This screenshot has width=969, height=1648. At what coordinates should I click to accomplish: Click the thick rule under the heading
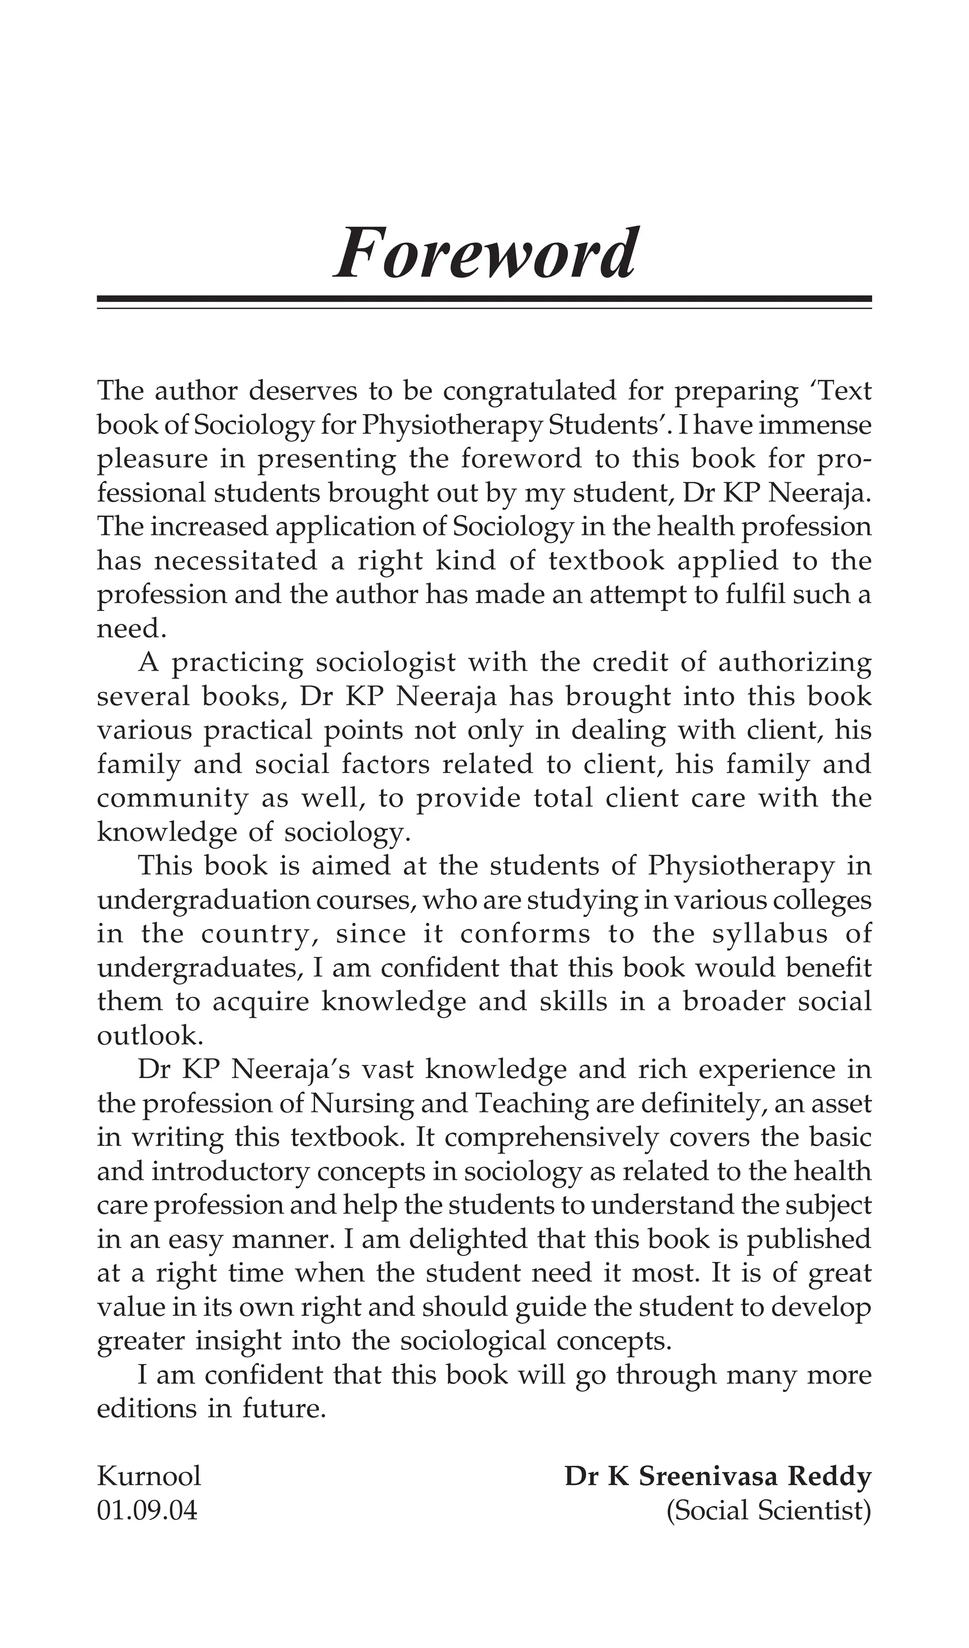(x=484, y=299)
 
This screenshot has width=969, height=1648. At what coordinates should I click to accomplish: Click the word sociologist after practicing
(x=385, y=663)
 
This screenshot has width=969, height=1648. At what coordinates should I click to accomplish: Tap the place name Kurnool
(x=149, y=1476)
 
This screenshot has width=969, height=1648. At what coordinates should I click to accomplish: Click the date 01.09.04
(x=147, y=1510)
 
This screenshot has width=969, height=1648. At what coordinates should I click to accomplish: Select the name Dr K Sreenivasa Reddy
(x=717, y=1476)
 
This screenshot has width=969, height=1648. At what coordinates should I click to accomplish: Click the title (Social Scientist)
(x=768, y=1510)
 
